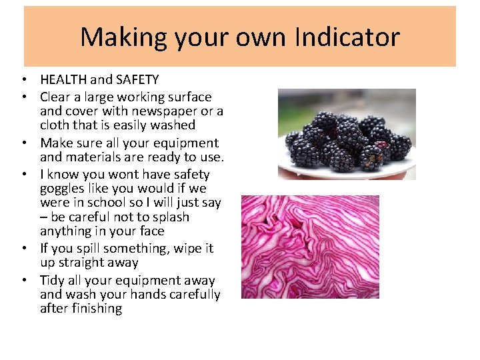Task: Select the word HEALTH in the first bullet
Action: pyautogui.click(x=63, y=80)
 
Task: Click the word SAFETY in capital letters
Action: pyautogui.click(x=137, y=80)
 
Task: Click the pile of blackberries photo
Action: pyautogui.click(x=346, y=134)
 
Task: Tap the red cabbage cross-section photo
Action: pyautogui.click(x=309, y=247)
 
